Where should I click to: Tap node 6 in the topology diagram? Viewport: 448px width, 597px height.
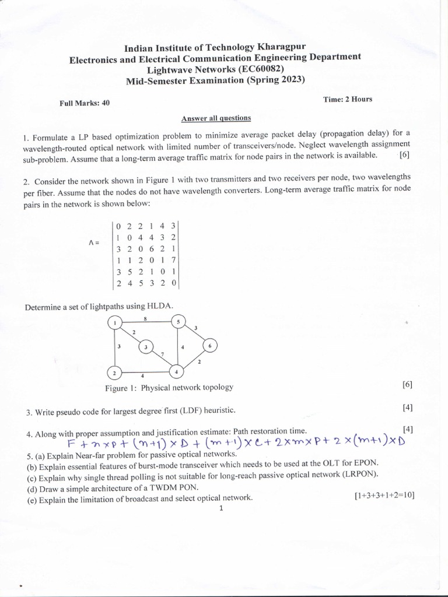210,346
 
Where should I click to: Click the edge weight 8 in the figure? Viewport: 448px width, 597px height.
145,318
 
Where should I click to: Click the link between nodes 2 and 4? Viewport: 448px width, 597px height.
146,372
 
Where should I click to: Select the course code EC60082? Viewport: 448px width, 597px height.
263,69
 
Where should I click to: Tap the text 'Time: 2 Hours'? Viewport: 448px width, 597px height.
348,99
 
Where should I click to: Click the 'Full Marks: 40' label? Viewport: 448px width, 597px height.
85,103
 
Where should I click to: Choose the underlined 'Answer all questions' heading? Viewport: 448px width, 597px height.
216,118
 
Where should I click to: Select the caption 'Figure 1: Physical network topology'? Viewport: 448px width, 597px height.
169,387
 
